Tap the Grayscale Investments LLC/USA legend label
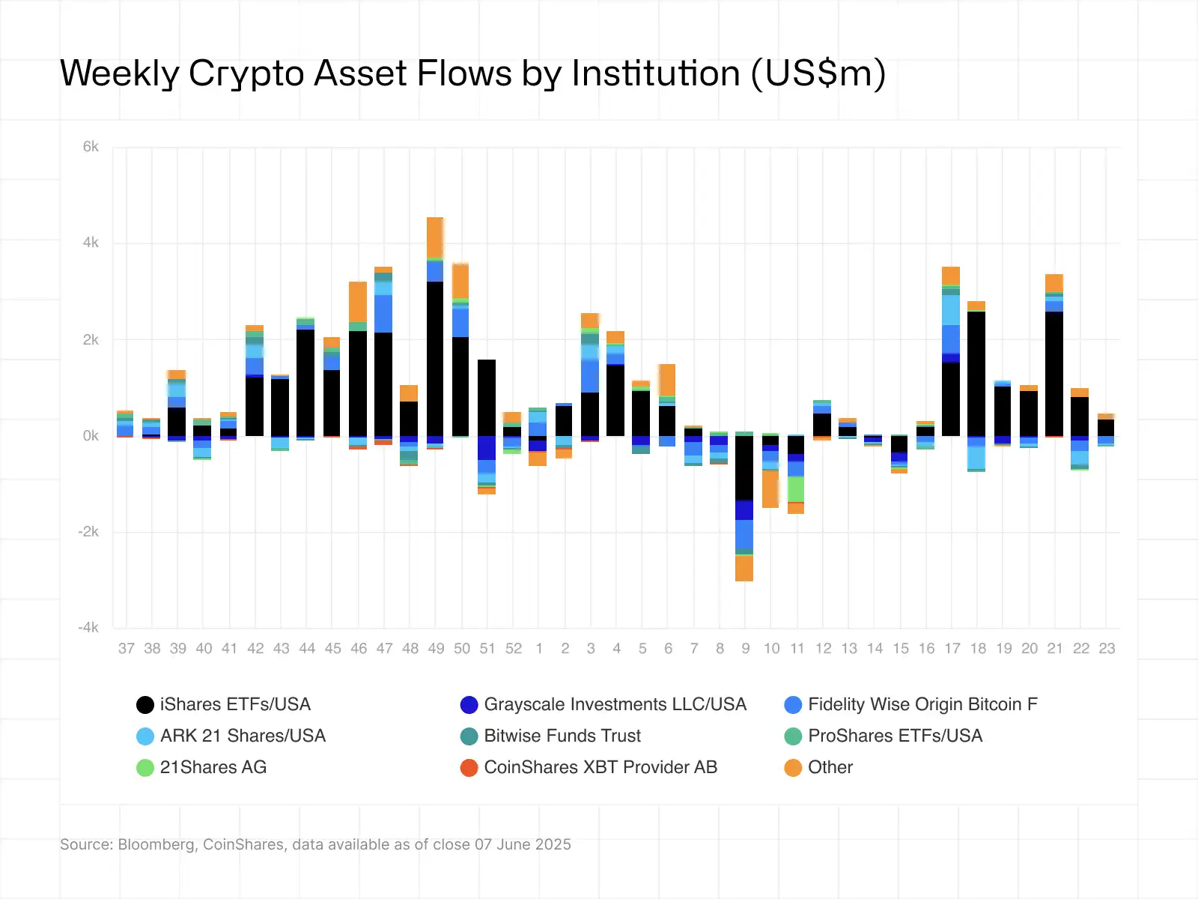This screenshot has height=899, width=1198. [x=615, y=704]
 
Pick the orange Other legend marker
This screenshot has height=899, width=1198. [x=793, y=768]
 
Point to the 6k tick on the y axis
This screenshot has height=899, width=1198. [x=91, y=147]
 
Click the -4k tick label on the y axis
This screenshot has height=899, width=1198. [x=88, y=628]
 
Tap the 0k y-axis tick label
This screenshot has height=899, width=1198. [x=91, y=436]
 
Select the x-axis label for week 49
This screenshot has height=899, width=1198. [x=436, y=649]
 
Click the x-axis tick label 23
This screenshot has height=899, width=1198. [x=1107, y=649]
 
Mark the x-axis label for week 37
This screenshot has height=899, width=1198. [x=127, y=649]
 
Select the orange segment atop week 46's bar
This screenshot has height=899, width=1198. [x=358, y=301]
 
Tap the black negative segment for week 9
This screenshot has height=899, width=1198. [x=744, y=467]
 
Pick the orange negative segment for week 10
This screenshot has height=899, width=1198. [x=770, y=488]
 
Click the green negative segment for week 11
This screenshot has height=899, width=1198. [x=796, y=489]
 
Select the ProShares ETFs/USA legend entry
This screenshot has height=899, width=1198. [x=895, y=736]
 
